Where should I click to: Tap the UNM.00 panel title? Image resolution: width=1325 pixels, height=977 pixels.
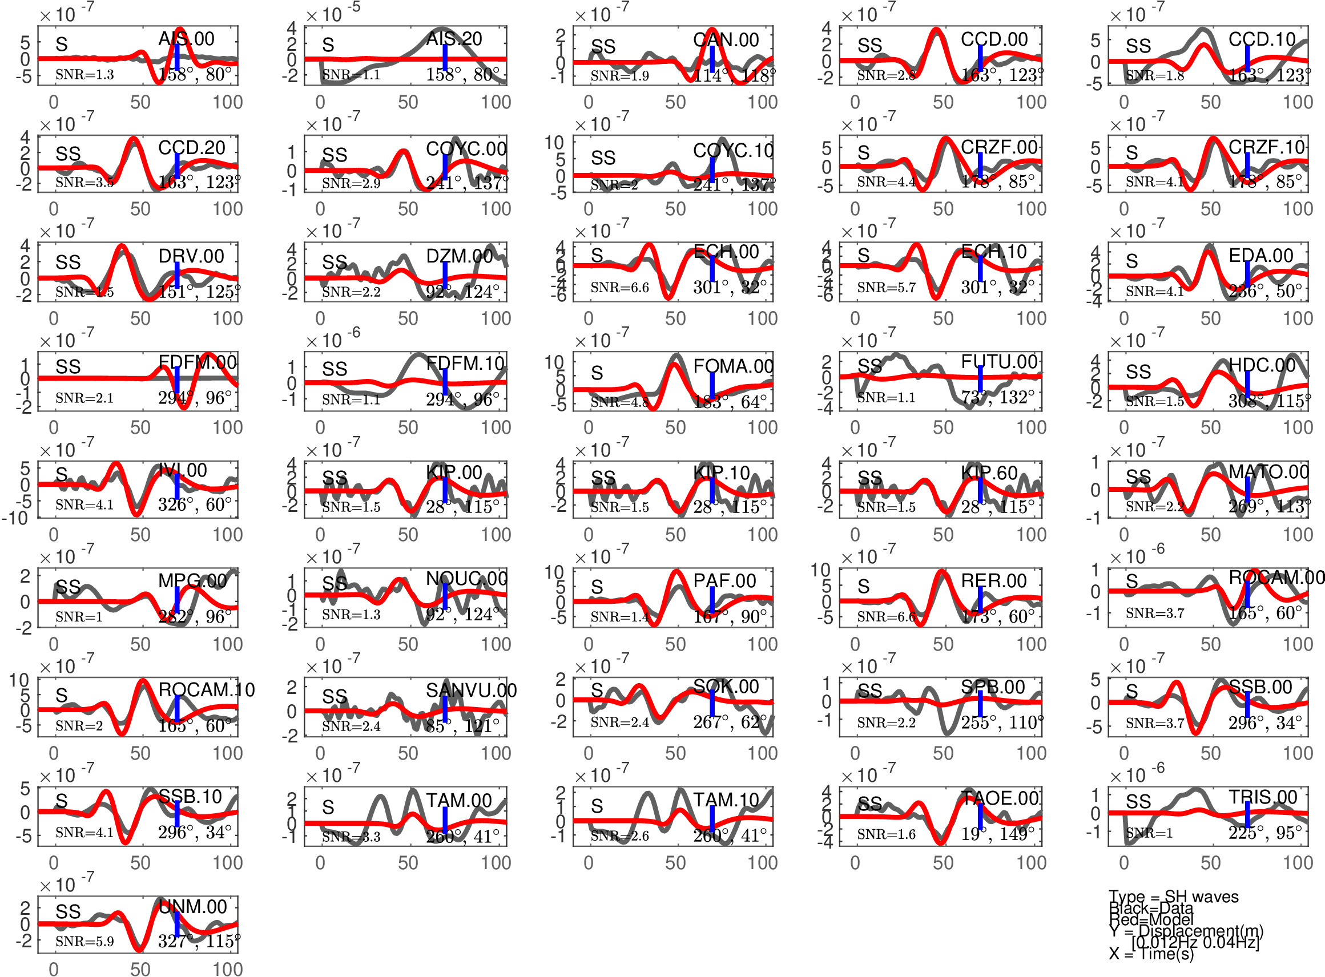coord(193,907)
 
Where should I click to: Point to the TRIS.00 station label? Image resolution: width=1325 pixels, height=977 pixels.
coord(1262,797)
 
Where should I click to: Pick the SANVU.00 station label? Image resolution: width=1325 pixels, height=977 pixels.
coord(471,689)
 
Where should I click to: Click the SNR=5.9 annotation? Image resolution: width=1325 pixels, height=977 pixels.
coord(84,941)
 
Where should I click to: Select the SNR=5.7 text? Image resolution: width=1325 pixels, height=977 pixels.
coord(885,288)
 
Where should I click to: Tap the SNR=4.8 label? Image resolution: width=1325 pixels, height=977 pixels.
coord(619,402)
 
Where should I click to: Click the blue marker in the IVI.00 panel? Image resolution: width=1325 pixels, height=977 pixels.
coord(178,485)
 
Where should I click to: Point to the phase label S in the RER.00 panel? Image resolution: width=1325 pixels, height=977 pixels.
coord(864,587)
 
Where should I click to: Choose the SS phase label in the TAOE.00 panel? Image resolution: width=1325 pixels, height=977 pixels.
coord(869,804)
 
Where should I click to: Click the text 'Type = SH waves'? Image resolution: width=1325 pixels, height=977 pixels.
coord(1174,897)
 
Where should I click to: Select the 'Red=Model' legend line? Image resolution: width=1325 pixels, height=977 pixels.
coord(1151,919)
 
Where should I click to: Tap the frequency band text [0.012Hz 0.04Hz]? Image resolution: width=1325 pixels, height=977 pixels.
coord(1195,942)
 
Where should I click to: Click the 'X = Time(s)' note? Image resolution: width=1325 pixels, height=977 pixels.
coord(1151,954)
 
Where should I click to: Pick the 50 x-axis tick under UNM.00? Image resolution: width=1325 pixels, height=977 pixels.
coord(140,968)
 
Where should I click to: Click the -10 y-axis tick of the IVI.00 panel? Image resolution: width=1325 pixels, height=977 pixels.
coord(15,519)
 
